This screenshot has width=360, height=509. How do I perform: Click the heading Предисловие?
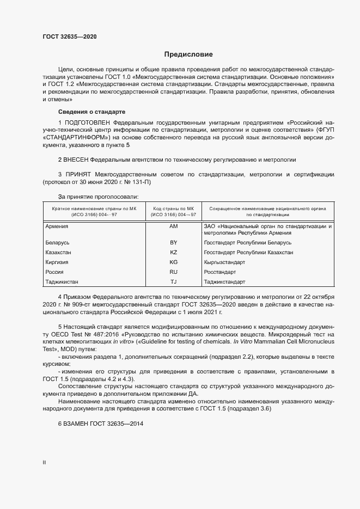(189, 54)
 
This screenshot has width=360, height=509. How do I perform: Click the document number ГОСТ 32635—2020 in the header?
(70, 37)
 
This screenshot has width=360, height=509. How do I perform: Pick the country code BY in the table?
(174, 242)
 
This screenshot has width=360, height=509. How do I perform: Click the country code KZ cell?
(174, 252)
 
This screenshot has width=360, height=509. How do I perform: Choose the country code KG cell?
(174, 262)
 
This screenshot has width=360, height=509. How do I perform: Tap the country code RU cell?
(174, 272)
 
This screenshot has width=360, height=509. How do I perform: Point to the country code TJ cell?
(174, 281)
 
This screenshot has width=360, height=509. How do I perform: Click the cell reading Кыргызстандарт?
(224, 262)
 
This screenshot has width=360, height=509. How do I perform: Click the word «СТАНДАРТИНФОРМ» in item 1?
(73, 138)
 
